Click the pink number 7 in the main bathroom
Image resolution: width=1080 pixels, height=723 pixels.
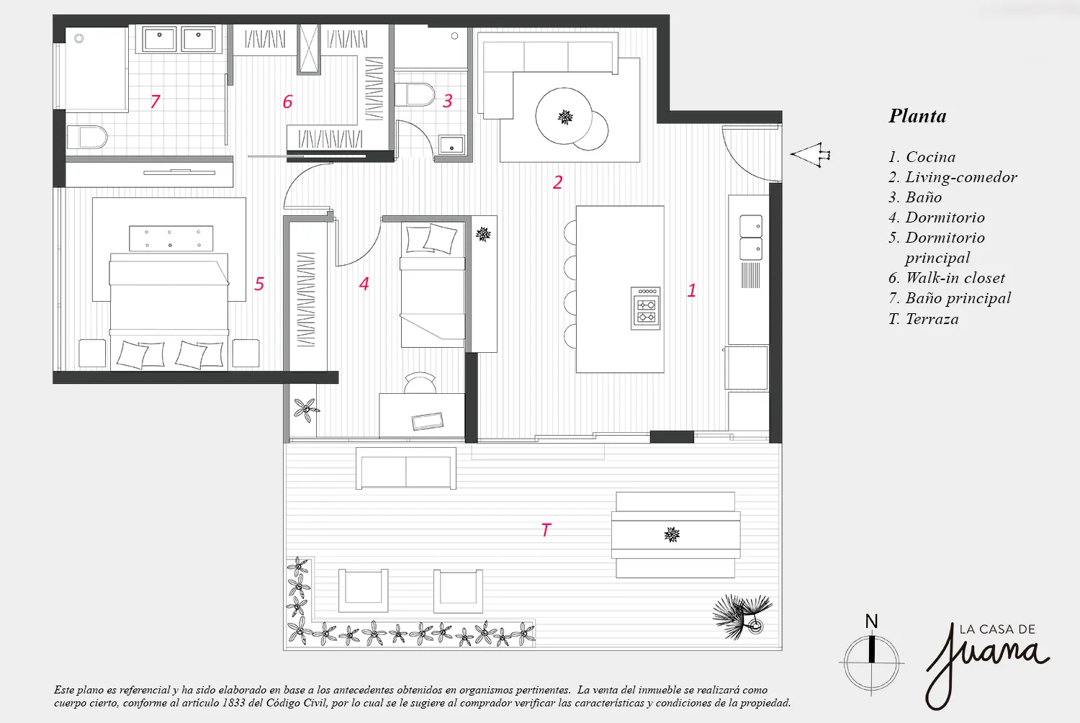155,102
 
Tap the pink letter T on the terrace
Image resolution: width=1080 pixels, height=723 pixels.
546,530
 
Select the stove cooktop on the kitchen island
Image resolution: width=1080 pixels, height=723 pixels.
646,308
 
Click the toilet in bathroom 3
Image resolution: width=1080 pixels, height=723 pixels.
414,94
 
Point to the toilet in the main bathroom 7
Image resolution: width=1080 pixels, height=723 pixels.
87,138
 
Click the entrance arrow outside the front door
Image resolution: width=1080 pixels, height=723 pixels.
810,155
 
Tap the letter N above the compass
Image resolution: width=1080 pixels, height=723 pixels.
870,621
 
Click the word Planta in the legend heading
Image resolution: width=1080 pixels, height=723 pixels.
917,116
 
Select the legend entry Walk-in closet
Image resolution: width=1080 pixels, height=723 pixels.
947,278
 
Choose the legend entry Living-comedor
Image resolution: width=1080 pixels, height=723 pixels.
953,177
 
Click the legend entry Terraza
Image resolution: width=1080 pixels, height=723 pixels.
923,319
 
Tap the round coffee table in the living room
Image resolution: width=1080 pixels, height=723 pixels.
564,116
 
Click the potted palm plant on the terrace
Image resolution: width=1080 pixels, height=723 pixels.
742,616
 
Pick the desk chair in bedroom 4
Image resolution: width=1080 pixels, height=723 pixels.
420,383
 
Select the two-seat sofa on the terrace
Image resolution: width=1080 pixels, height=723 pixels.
406,468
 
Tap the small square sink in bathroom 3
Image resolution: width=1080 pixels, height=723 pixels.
451,145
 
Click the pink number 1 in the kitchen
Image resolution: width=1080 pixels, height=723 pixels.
691,290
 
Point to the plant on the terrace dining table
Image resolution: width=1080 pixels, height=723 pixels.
672,534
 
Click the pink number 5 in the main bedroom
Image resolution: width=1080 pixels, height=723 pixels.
259,284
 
